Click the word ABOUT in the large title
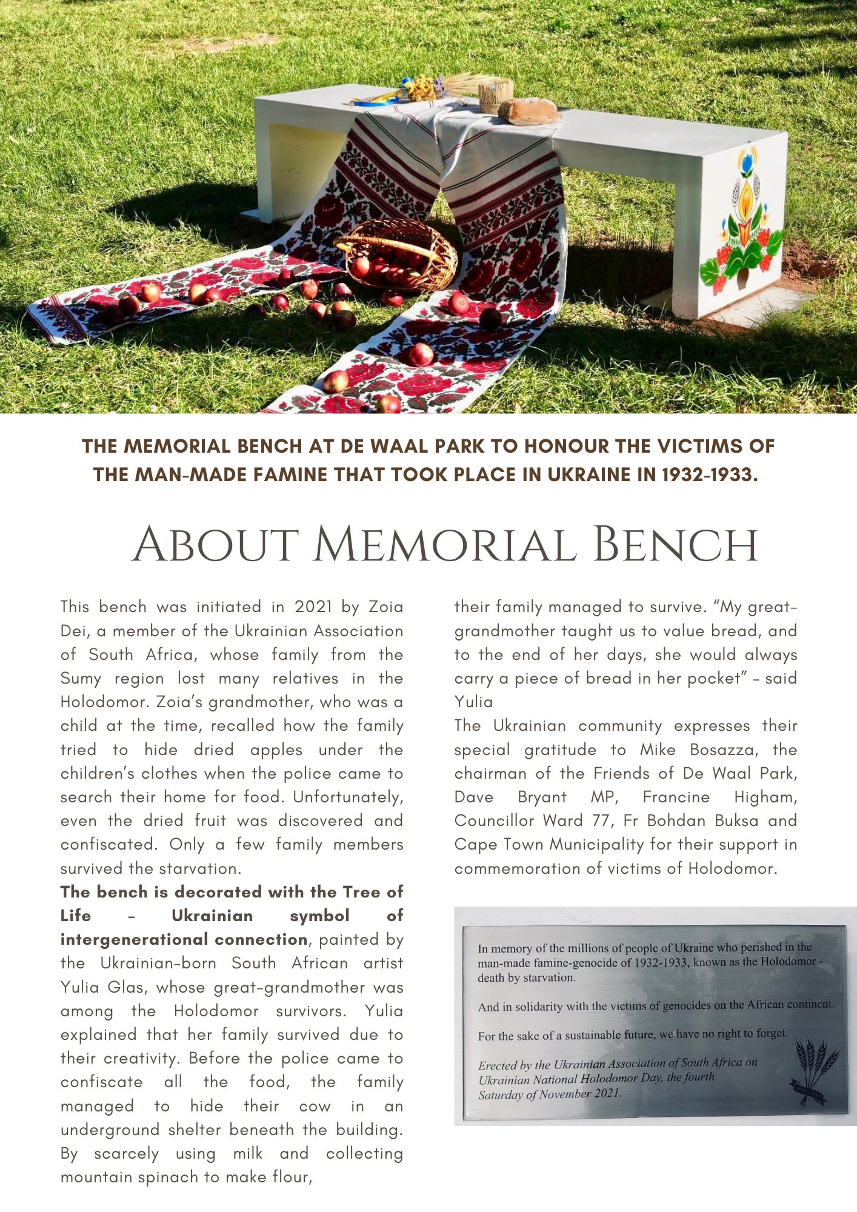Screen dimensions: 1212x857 [x=215, y=545]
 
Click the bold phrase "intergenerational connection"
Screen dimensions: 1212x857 [x=184, y=939]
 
